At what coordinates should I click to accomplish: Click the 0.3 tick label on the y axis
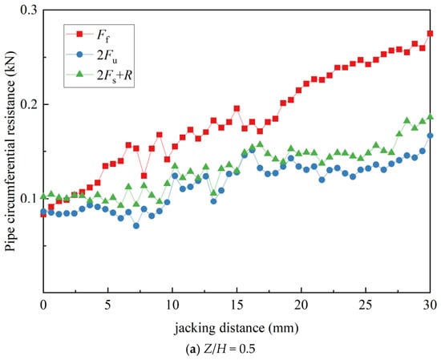pos(28,10)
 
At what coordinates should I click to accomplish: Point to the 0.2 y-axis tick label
pos(28,104)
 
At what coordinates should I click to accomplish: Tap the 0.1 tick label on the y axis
pos(28,199)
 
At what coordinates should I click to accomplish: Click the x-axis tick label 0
pos(43,305)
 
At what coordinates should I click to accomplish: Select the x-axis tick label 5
pos(107,305)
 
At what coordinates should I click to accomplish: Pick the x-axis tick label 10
pos(172,305)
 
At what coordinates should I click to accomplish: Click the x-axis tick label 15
pos(237,305)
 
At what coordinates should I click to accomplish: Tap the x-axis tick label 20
pos(301,305)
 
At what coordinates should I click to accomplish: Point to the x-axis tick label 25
pos(366,305)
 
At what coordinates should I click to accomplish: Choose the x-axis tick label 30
pos(430,305)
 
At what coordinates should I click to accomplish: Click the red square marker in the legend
pos(79,34)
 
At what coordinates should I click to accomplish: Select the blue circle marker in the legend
pos(79,55)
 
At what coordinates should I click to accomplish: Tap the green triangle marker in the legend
pos(79,74)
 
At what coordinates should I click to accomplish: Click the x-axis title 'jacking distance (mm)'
pos(237,328)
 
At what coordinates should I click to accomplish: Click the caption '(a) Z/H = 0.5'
pos(220,350)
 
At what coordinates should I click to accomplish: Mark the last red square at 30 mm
pos(430,34)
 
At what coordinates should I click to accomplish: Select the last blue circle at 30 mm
pos(430,136)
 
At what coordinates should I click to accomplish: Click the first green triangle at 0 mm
pos(43,196)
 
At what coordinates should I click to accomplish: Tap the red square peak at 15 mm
pos(237,108)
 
